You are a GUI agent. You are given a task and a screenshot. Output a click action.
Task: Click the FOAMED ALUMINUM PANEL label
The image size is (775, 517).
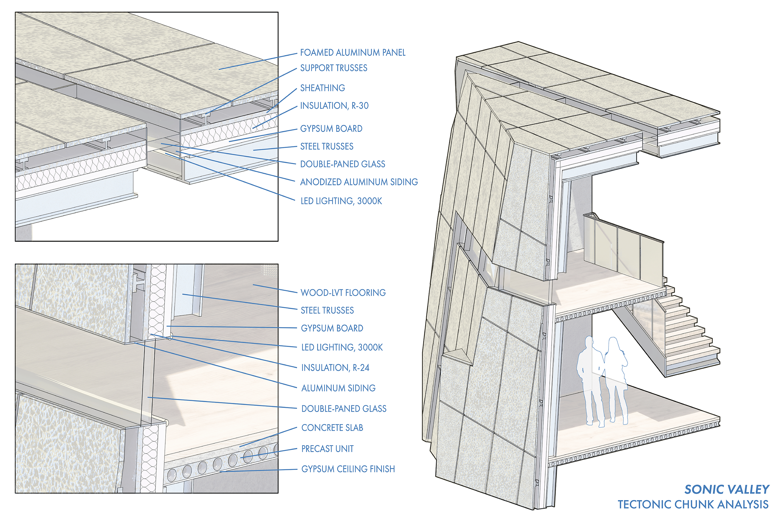click(x=352, y=53)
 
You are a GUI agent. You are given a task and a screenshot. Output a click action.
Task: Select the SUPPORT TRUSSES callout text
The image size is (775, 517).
click(x=334, y=68)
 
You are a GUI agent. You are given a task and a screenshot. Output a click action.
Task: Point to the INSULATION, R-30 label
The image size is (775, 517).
click(x=334, y=105)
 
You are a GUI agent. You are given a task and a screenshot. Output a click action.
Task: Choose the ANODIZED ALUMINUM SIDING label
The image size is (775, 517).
click(x=359, y=182)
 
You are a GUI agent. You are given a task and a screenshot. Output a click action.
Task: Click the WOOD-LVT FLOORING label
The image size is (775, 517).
click(x=343, y=292)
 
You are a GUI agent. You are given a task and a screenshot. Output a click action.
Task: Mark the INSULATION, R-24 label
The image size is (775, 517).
click(x=335, y=368)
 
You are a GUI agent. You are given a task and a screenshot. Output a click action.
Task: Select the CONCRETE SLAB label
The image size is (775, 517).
click(x=332, y=428)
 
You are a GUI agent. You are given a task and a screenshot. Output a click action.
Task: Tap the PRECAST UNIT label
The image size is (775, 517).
click(x=327, y=449)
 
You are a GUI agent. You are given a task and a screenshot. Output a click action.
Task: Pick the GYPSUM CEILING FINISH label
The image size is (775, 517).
click(x=348, y=469)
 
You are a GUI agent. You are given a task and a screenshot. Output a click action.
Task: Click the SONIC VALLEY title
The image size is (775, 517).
click(x=727, y=489)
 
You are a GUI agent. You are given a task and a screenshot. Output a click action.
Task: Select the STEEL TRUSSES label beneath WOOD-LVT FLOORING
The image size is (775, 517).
click(x=327, y=310)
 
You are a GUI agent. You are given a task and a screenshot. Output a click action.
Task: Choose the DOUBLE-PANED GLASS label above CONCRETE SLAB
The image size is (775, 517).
click(x=344, y=408)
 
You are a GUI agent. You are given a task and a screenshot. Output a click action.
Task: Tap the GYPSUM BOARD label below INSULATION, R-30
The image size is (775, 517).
click(x=331, y=129)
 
